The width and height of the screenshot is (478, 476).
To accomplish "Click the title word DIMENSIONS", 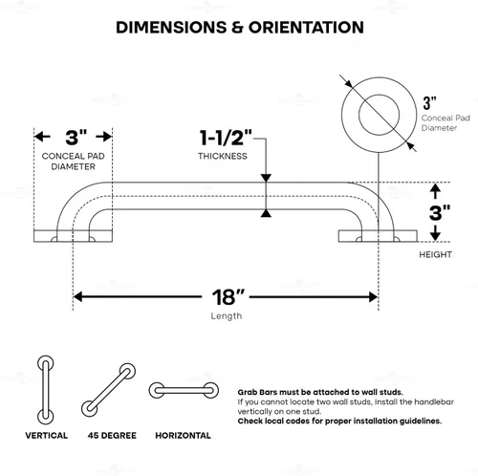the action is click(171, 28).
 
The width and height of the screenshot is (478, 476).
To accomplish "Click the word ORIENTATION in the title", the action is click(306, 28).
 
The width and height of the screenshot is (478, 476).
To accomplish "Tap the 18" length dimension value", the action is click(228, 297).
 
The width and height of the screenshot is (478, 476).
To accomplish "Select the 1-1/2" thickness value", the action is click(226, 138).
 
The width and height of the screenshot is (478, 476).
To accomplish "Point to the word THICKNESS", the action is click(223, 156).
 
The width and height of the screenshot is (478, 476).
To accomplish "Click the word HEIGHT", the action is click(435, 254).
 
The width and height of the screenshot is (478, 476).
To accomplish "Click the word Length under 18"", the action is click(227, 316).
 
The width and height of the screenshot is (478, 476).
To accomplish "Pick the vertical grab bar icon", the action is click(46, 390).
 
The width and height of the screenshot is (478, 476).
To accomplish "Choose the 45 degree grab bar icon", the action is click(108, 390).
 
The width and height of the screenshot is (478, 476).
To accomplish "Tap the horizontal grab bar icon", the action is click(184, 390).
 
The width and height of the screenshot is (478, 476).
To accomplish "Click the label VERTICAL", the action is click(47, 436).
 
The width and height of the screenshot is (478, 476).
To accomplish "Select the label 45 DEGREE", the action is click(112, 436).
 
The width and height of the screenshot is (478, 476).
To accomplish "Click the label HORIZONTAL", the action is click(183, 436).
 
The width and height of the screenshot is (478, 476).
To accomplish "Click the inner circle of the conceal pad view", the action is click(380, 96).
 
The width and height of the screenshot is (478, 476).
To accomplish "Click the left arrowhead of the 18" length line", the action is click(77, 297).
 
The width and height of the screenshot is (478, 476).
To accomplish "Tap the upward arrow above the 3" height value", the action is click(435, 191).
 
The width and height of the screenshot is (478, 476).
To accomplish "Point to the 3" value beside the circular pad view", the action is click(429, 103).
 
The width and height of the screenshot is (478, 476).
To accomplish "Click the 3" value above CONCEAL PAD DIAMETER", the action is click(76, 138).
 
